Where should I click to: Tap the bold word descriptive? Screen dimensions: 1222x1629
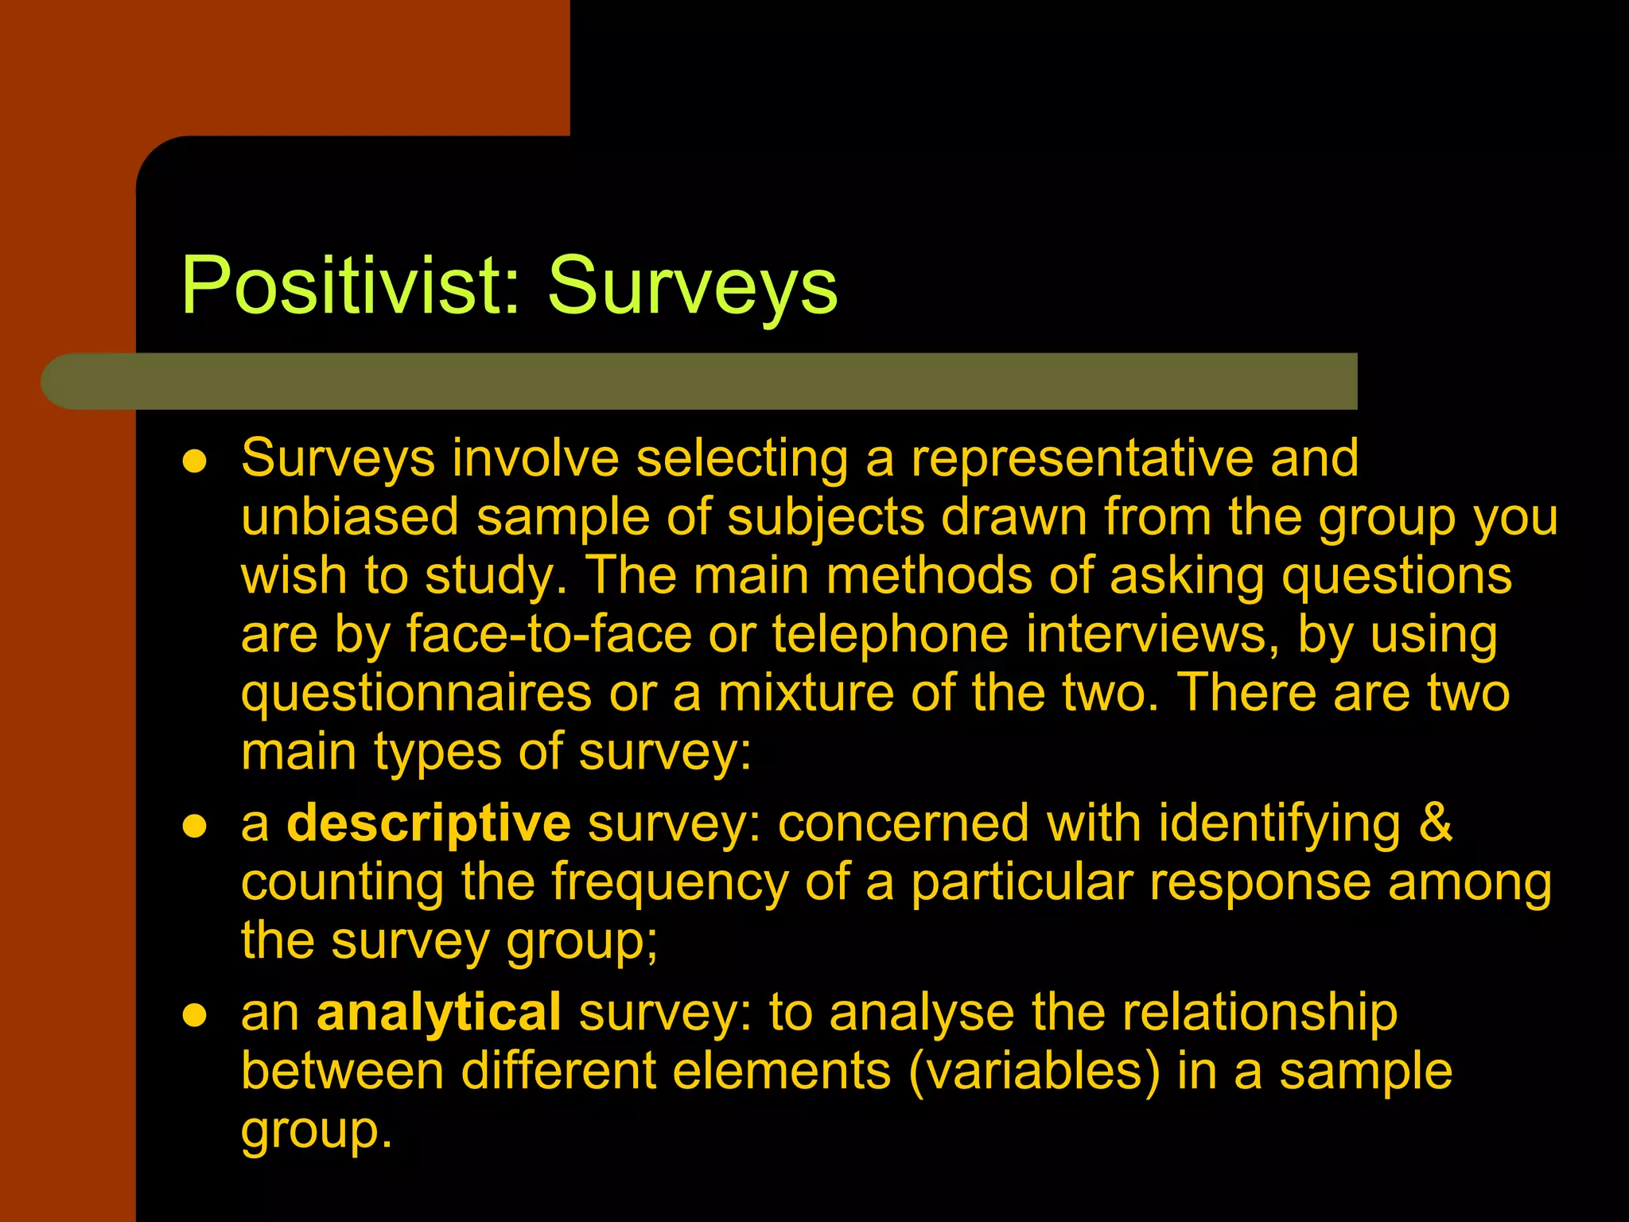pyautogui.click(x=428, y=823)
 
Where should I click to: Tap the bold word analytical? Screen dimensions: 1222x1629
pyautogui.click(x=439, y=1013)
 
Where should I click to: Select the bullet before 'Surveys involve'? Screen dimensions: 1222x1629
pyautogui.click(x=195, y=461)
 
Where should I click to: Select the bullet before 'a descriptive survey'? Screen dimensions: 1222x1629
pyautogui.click(x=195, y=827)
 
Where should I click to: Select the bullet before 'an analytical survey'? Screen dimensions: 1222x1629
pyautogui.click(x=195, y=1015)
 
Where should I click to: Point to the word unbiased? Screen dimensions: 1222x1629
pyautogui.click(x=350, y=517)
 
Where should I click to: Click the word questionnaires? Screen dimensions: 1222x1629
pyautogui.click(x=416, y=694)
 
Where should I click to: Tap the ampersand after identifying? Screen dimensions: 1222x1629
pyautogui.click(x=1435, y=823)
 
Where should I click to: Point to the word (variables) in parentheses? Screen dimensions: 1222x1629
pyautogui.click(x=1034, y=1071)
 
